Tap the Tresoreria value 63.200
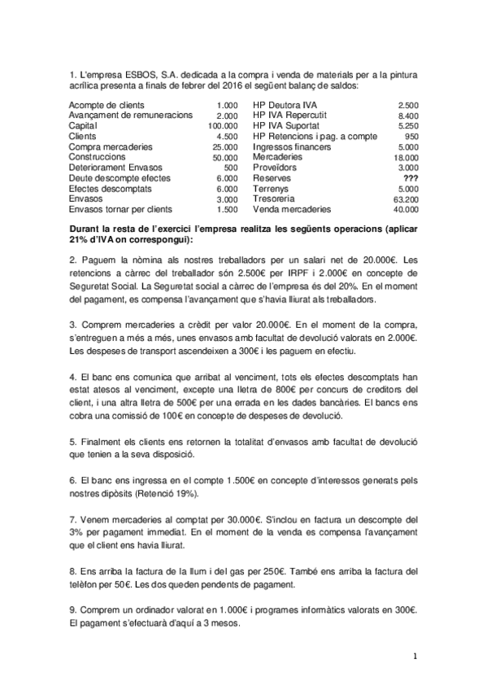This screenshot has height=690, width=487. tap(405, 199)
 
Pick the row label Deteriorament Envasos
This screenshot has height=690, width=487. tap(115, 168)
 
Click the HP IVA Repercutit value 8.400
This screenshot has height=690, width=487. tap(409, 116)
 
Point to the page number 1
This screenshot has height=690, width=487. tap(415, 655)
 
